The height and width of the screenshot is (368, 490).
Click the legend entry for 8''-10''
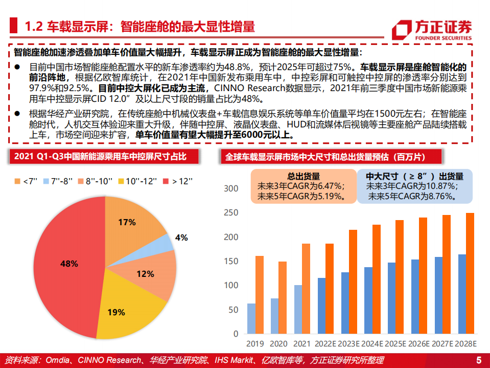click(98, 181)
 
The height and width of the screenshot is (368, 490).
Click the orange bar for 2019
click(260, 295)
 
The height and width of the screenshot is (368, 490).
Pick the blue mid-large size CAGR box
click(415, 186)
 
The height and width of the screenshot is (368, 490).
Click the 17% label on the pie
click(127, 222)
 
